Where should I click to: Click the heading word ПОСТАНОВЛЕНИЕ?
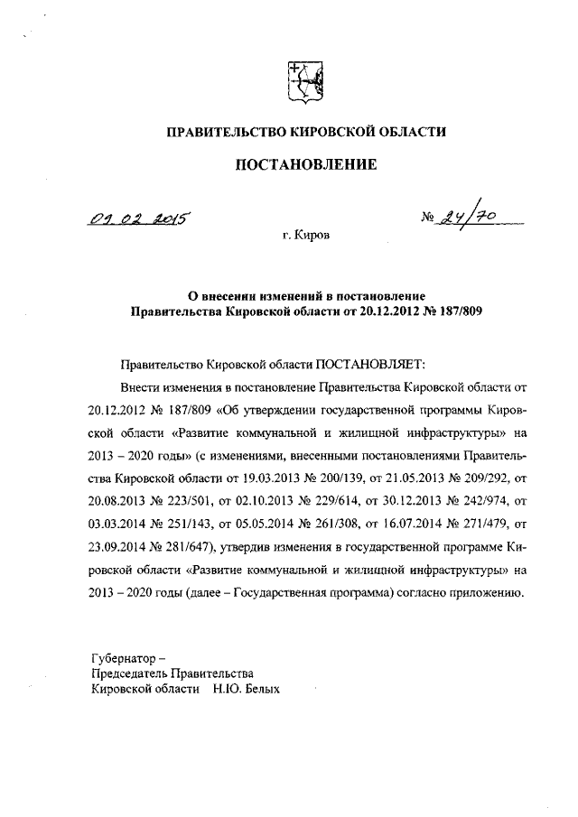coord(304,164)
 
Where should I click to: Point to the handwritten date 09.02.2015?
coord(143,216)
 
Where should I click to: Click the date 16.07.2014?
coord(415,517)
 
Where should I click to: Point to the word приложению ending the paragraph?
coord(484,594)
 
